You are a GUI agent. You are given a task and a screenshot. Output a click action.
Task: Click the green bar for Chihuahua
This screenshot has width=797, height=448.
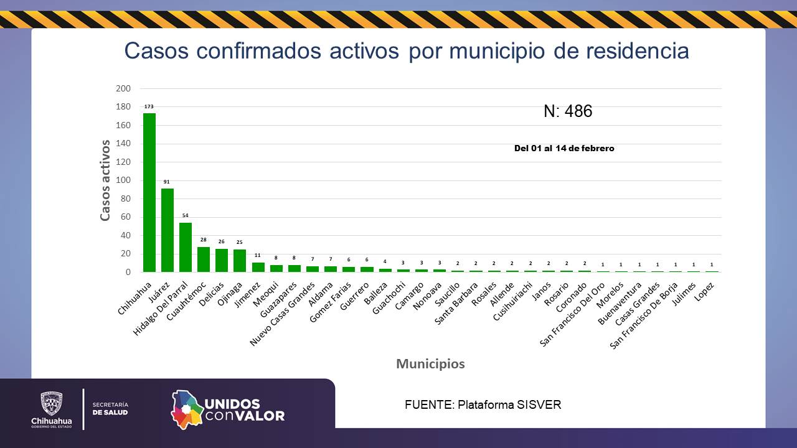[x=149, y=192]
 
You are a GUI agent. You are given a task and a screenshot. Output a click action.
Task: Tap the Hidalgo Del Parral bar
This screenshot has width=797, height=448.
[x=186, y=247]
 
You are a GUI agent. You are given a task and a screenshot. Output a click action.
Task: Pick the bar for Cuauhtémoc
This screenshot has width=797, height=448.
[x=204, y=259]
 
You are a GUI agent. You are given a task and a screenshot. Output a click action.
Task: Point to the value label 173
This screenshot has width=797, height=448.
[x=149, y=106]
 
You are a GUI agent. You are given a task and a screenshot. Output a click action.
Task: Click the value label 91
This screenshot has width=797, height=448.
[x=167, y=182]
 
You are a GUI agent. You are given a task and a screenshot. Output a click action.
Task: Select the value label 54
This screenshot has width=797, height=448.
[x=185, y=216]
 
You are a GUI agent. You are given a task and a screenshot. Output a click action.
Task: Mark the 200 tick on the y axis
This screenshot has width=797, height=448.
[x=123, y=88]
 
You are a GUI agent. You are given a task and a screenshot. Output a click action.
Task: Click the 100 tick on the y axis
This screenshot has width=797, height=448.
[x=123, y=180]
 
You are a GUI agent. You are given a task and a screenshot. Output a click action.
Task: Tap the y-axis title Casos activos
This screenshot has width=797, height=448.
[x=105, y=180]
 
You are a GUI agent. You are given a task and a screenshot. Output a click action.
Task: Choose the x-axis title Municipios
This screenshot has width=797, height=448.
[x=430, y=364]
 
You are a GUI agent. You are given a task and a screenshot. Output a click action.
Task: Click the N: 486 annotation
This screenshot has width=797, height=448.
[x=568, y=111]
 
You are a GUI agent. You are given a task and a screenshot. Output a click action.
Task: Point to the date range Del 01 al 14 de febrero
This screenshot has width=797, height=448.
[x=564, y=148]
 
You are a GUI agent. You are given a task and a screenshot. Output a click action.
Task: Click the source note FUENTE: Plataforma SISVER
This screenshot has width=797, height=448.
[x=483, y=405]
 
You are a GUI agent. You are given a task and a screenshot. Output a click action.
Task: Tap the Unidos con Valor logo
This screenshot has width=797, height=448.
[x=228, y=409]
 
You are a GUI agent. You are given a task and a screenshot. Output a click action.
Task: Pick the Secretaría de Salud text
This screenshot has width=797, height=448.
[x=110, y=409]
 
